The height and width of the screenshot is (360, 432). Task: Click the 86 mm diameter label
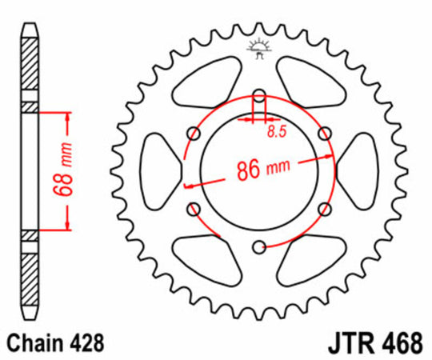(261, 169)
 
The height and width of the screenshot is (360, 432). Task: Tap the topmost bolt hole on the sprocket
(258, 98)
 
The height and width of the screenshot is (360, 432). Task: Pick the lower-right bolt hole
(324, 210)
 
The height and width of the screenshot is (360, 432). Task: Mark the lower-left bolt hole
(193, 210)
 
